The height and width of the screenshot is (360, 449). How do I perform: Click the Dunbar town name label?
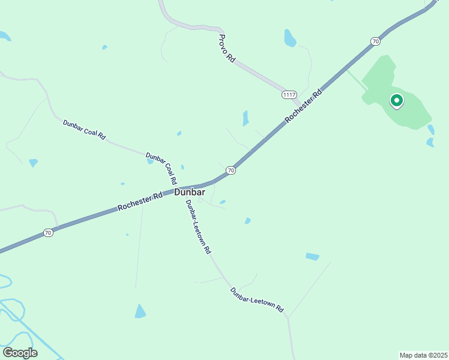pyautogui.click(x=190, y=193)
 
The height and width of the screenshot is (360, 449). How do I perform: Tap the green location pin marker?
pyautogui.click(x=396, y=101)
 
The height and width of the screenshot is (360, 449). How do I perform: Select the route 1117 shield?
pyautogui.click(x=289, y=95)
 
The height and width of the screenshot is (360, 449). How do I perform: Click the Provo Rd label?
pyautogui.click(x=226, y=49)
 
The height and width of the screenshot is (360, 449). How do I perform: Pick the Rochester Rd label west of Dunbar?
pyautogui.click(x=140, y=201)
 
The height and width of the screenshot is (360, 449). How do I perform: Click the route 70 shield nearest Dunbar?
pyautogui.click(x=231, y=171)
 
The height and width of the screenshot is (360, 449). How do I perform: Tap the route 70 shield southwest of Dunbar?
pyautogui.click(x=49, y=232)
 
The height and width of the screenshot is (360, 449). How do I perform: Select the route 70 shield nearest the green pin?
pyautogui.click(x=376, y=41)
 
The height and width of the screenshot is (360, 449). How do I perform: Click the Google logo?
pyautogui.click(x=20, y=352)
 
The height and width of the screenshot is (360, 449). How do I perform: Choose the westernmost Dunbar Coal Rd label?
pyautogui.click(x=84, y=130)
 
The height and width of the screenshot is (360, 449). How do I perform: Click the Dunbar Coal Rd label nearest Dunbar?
pyautogui.click(x=162, y=168)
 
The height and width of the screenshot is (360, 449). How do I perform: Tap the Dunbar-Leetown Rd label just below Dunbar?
pyautogui.click(x=198, y=226)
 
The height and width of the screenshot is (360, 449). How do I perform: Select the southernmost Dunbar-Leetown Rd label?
pyautogui.click(x=257, y=299)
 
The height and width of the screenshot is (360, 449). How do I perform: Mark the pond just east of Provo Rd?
pyautogui.click(x=290, y=38)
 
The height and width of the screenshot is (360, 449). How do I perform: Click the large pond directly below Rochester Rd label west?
pyautogui.click(x=140, y=311)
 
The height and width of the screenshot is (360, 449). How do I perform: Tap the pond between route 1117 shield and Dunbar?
pyautogui.click(x=245, y=118)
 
